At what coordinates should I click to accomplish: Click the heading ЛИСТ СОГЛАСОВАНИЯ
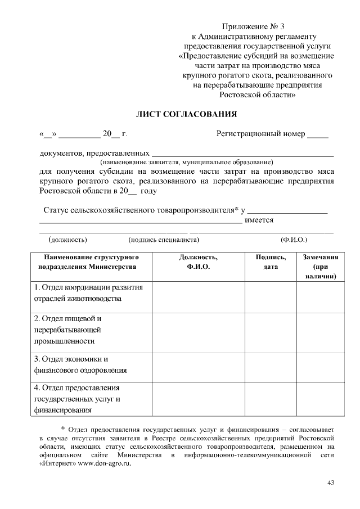186,114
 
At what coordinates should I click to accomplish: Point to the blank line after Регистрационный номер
318,135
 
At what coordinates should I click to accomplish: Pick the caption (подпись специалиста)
164,240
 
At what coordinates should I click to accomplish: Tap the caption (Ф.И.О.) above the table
293,240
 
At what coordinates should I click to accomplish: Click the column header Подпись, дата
271,262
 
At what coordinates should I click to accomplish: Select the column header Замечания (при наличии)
321,266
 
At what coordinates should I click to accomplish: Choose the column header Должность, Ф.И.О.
198,262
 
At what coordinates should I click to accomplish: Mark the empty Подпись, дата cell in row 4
271,399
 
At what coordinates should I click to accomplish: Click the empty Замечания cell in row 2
321,329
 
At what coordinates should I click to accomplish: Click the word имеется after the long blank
259,220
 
